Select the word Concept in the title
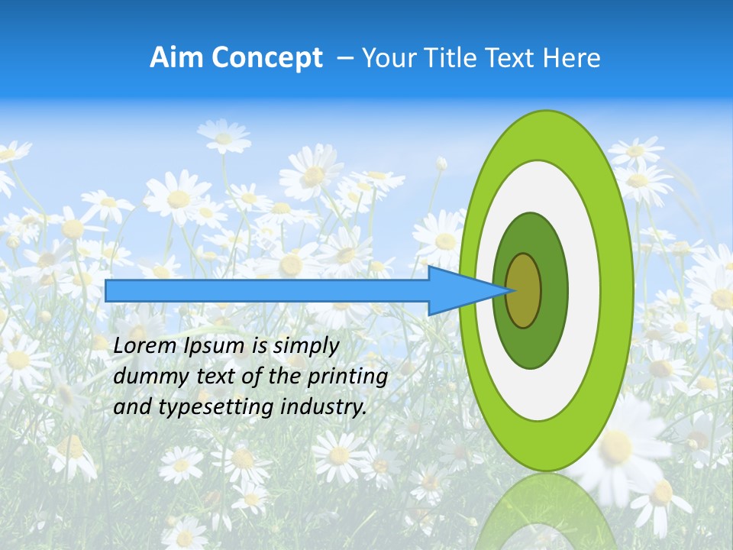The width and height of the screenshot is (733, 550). point(266,57)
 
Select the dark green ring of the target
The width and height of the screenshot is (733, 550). point(554,290)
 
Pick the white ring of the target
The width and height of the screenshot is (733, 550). point(583,290)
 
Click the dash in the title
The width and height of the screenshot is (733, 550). point(345,58)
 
